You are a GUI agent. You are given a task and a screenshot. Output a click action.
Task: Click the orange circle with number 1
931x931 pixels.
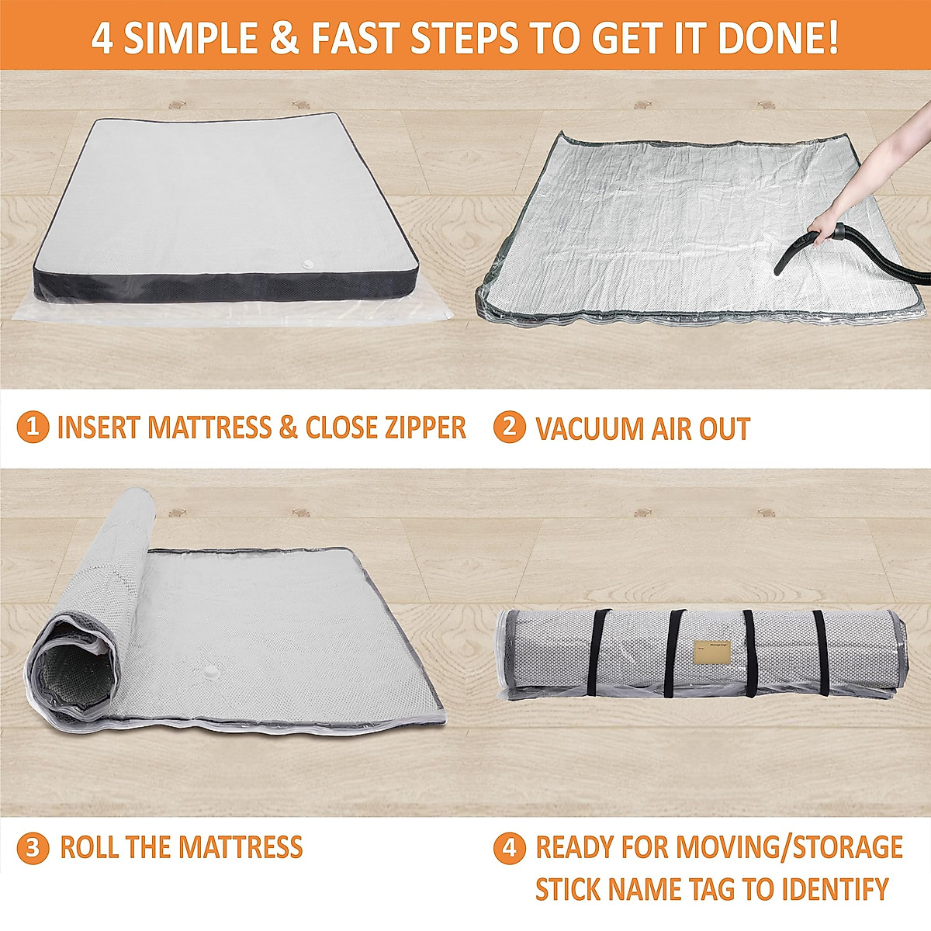point(33,427)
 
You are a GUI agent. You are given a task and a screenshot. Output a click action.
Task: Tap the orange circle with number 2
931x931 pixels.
point(510,427)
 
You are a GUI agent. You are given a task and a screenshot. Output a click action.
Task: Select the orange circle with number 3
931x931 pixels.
point(33,847)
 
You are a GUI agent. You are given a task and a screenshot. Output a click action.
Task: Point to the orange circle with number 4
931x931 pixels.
point(510,847)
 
